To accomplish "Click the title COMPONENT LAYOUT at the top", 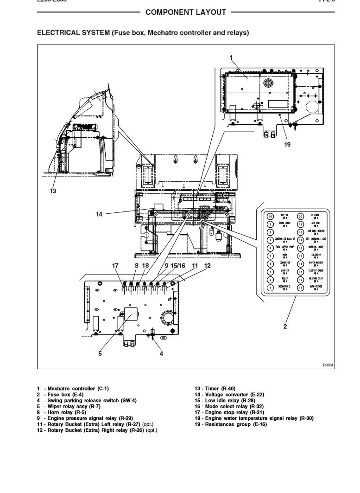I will coord(186,13).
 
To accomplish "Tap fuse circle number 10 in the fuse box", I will coord(270,216).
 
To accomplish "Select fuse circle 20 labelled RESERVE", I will coord(300,216).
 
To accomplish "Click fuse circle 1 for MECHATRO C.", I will coord(270,288).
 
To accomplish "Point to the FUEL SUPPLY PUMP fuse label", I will coord(285,248).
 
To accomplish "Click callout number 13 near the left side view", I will coord(53,191).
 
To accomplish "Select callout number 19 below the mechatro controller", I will coord(287,144).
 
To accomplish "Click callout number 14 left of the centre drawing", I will coord(99,214).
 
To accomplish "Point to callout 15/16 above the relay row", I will coord(177,266).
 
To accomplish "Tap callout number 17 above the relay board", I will coord(116,266).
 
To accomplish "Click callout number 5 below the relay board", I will coord(100,353).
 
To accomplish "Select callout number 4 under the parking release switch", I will coord(161,354).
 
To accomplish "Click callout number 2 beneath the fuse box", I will coord(285,326).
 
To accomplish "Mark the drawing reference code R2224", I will coord(328,365).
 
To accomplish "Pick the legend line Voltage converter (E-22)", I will coord(229,394).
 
